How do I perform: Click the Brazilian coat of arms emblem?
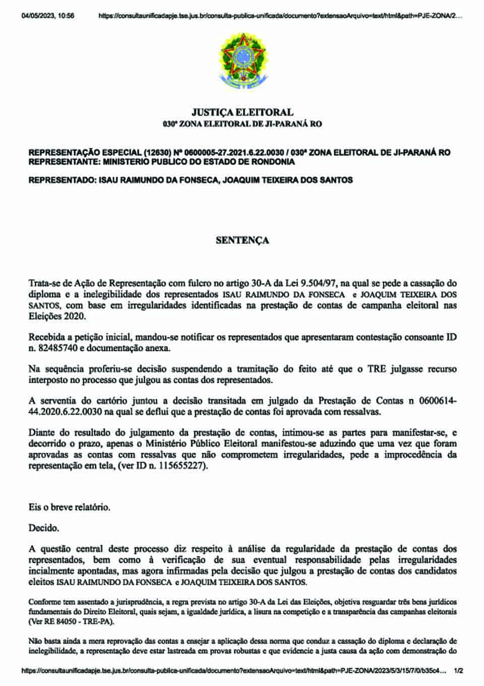(242, 60)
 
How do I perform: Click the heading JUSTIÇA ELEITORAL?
(242, 112)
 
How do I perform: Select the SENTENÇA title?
(242, 240)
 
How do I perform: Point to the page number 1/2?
(458, 671)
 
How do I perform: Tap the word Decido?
(44, 529)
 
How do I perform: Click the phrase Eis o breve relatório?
(69, 507)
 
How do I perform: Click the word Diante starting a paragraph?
(42, 432)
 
